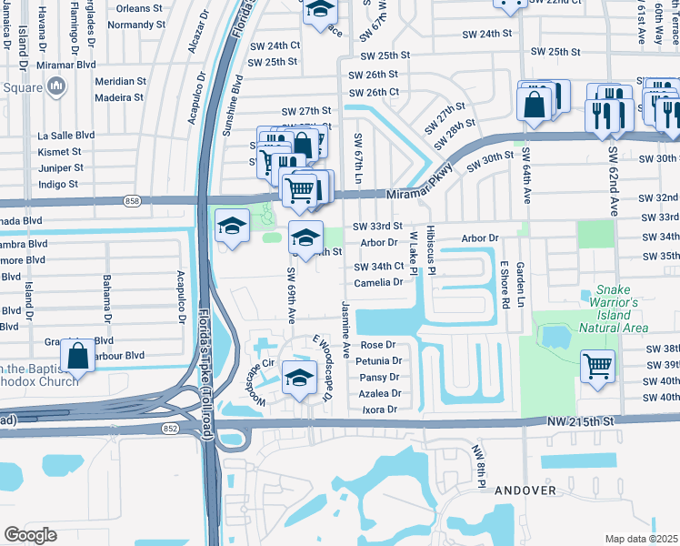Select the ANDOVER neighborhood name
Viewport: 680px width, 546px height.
pos(525,490)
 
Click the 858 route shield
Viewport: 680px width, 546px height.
pos(134,200)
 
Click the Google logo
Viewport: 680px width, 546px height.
pos(30,535)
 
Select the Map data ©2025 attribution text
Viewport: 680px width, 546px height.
pos(642,539)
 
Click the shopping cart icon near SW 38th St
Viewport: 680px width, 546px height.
pos(597,366)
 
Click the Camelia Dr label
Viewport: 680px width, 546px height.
pos(379,282)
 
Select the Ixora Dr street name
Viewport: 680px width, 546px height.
pos(380,409)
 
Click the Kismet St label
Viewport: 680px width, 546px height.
pos(59,151)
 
